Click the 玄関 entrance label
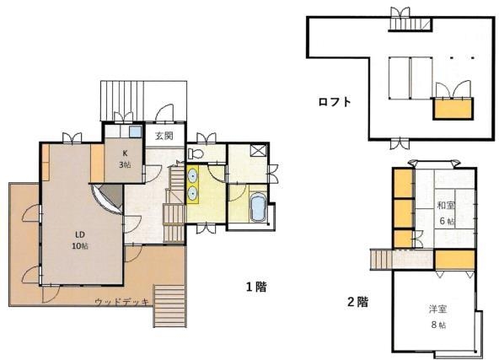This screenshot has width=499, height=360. pos(164,136)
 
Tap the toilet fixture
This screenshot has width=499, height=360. pos(196,153)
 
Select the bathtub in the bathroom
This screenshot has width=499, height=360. pos(258,207)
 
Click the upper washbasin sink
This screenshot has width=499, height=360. pos(192,175)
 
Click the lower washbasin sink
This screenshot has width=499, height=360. pos(192,193)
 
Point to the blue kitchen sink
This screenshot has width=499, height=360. pos(135,132)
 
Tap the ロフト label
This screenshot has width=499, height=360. pos(335,102)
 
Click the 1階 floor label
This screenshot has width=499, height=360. pos(256,287)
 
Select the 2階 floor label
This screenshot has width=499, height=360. pos(357,302)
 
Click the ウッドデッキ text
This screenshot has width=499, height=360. pos(122,302)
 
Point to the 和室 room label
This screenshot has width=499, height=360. pos(446,206)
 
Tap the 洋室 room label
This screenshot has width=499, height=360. pos(437,309)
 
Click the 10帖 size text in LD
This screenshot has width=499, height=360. pos(80,246)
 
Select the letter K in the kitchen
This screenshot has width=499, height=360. pos(125,153)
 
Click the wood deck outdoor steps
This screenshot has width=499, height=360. pos(169,306)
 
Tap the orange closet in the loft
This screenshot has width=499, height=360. pos(453,109)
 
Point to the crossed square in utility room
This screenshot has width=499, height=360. pos(258,150)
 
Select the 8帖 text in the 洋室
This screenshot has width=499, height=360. pos(438,325)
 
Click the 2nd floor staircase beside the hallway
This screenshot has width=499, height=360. pos(382,260)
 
